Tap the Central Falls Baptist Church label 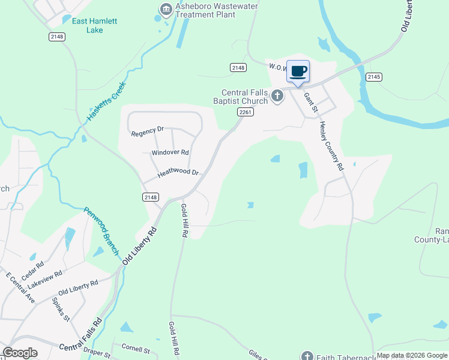pyautogui.click(x=244, y=97)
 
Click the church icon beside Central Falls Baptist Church pyautogui.click(x=277, y=95)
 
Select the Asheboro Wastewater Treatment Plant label pyautogui.click(x=217, y=11)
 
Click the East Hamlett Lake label pyautogui.click(x=94, y=25)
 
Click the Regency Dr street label pyautogui.click(x=148, y=130)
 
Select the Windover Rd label pyautogui.click(x=170, y=153)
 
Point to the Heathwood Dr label pyautogui.click(x=178, y=173)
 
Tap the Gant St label pyautogui.click(x=310, y=102)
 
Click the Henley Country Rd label pyautogui.click(x=331, y=146)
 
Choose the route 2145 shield pyautogui.click(x=374, y=77)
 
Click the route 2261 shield pyautogui.click(x=244, y=112)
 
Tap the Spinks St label pyautogui.click(x=61, y=310)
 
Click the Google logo pyautogui.click(x=20, y=353)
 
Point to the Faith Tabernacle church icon pyautogui.click(x=307, y=356)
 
